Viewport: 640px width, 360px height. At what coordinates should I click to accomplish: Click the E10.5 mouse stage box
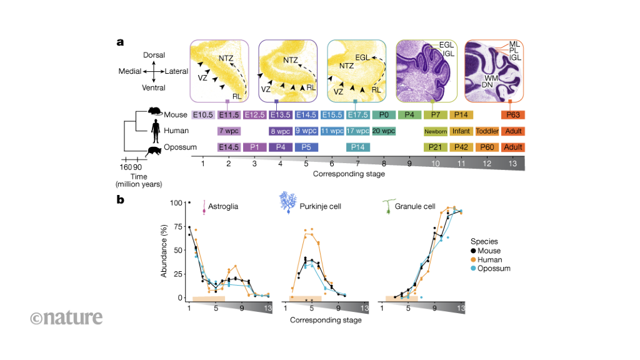tap(203, 115)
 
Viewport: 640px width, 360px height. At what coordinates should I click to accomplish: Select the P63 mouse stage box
tap(512, 115)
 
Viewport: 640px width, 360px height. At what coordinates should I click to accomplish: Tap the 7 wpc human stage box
tap(229, 131)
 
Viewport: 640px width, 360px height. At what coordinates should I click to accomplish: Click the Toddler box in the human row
tap(487, 131)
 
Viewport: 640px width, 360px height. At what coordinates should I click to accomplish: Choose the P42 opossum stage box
tap(461, 147)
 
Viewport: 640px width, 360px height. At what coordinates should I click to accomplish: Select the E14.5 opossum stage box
tap(229, 147)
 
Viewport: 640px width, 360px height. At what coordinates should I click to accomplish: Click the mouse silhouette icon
tap(156, 111)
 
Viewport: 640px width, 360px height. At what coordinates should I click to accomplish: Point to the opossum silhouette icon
tap(152, 150)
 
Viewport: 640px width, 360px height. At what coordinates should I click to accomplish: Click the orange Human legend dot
tap(474, 259)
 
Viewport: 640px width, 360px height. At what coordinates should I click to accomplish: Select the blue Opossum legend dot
tap(474, 268)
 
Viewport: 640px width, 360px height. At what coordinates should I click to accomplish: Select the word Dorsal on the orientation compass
tap(154, 56)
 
